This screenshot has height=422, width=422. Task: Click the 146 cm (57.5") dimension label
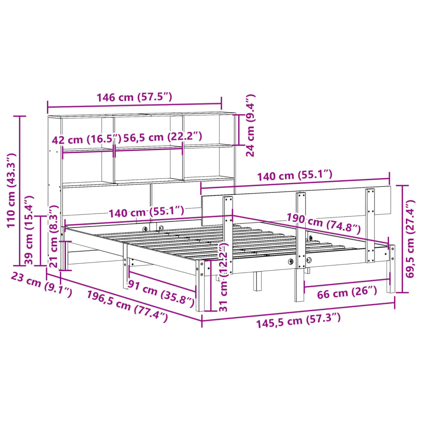[134, 98]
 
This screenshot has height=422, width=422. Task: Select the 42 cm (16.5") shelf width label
[87, 139]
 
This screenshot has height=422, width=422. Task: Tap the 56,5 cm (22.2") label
[163, 138]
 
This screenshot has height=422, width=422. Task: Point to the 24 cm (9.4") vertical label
[251, 125]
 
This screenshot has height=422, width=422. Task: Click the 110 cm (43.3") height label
[11, 190]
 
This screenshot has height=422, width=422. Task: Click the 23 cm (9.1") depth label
[40, 286]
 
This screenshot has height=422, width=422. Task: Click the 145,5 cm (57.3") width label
[298, 320]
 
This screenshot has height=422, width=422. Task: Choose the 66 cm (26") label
[347, 293]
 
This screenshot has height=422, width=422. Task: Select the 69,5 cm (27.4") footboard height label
[410, 239]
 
